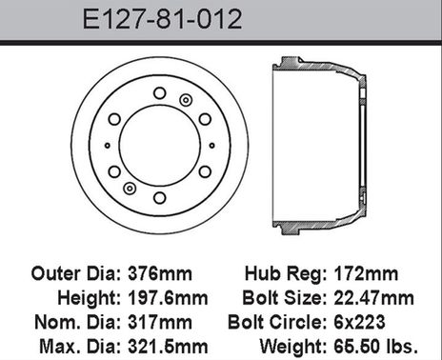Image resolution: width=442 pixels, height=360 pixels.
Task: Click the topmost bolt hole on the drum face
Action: click(159, 92)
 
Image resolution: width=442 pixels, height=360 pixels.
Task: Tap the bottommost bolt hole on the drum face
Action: click(159, 198)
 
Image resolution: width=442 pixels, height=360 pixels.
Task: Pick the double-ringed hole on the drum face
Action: click(186, 100)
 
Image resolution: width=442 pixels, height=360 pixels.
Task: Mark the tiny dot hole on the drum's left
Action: click(107, 145)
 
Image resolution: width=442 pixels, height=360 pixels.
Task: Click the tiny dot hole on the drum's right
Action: click(211, 145)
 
